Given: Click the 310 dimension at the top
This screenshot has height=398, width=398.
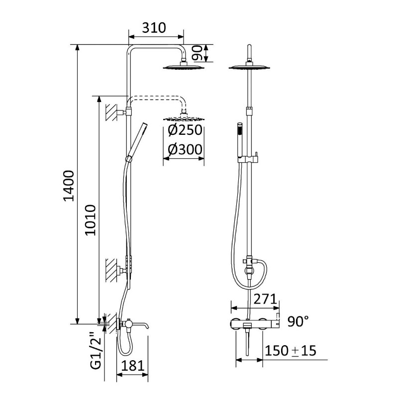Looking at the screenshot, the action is (x=154, y=28).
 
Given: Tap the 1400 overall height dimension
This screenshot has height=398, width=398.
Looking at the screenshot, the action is (x=69, y=186).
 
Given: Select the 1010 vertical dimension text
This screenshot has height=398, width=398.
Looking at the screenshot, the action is (x=91, y=220).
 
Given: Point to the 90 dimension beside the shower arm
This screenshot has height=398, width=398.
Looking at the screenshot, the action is (x=197, y=53).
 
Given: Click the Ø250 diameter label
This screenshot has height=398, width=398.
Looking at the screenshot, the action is (x=185, y=130).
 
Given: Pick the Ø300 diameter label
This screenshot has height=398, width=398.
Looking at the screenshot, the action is (x=185, y=149).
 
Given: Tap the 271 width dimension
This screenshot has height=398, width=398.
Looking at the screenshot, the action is (x=265, y=299).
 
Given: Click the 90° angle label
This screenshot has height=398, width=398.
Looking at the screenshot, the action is (x=298, y=321).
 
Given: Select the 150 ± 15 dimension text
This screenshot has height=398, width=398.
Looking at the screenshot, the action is (x=291, y=351).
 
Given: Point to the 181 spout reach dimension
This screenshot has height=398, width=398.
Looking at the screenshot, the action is (x=132, y=366).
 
